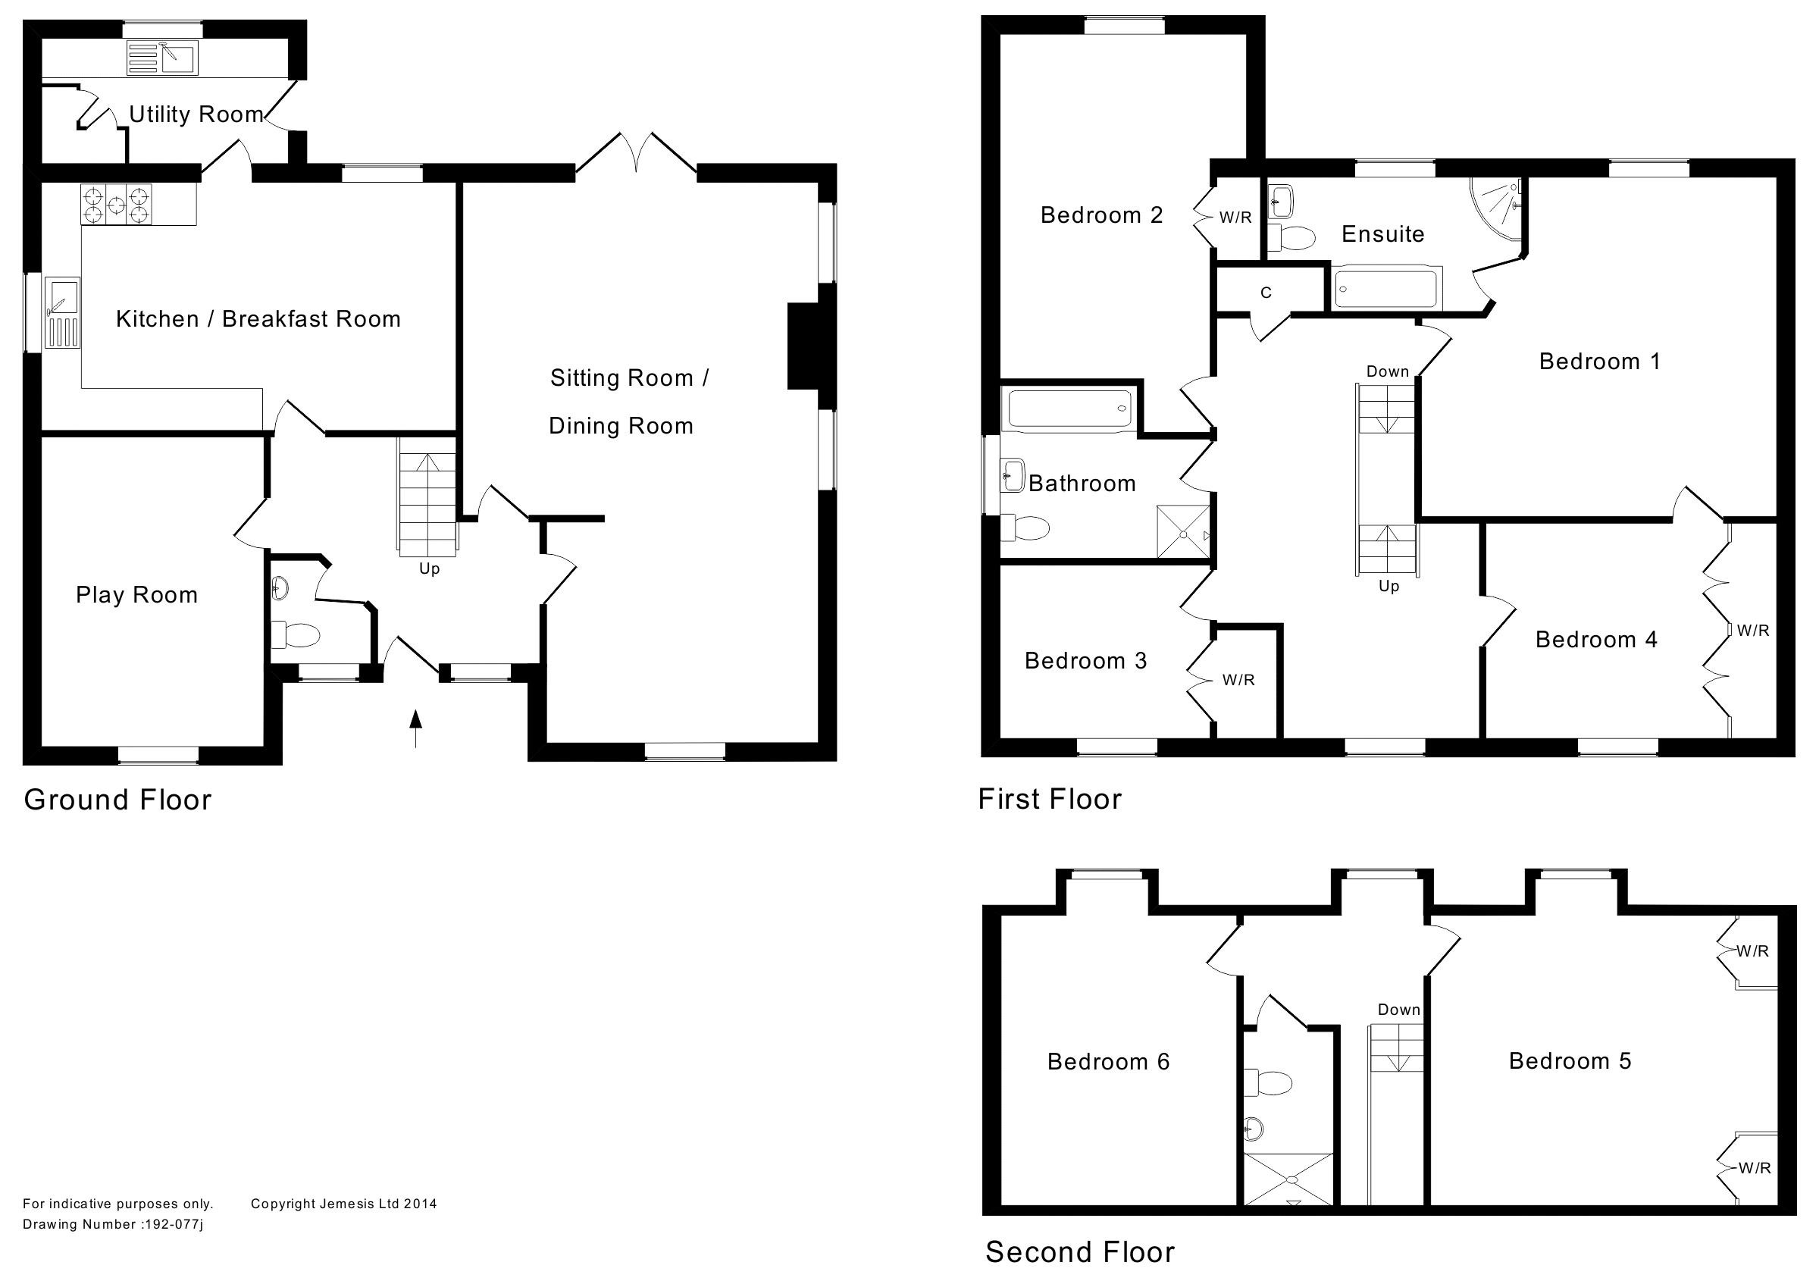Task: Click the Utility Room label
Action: (x=196, y=115)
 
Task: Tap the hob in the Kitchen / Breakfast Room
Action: (x=116, y=205)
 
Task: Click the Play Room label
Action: (x=136, y=595)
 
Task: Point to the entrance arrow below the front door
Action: (x=415, y=728)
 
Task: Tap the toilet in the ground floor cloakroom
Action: (x=297, y=634)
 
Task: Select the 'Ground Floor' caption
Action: (x=118, y=800)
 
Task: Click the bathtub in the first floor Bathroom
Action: (x=1069, y=409)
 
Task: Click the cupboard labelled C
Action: (x=1266, y=293)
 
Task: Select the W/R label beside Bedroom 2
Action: (x=1235, y=217)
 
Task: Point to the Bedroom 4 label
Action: (x=1595, y=640)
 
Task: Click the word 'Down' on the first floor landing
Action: (x=1387, y=371)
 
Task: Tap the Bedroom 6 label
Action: (x=1108, y=1061)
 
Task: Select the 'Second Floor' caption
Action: (x=1080, y=1252)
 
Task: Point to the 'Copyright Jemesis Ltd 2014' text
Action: (x=344, y=1204)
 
